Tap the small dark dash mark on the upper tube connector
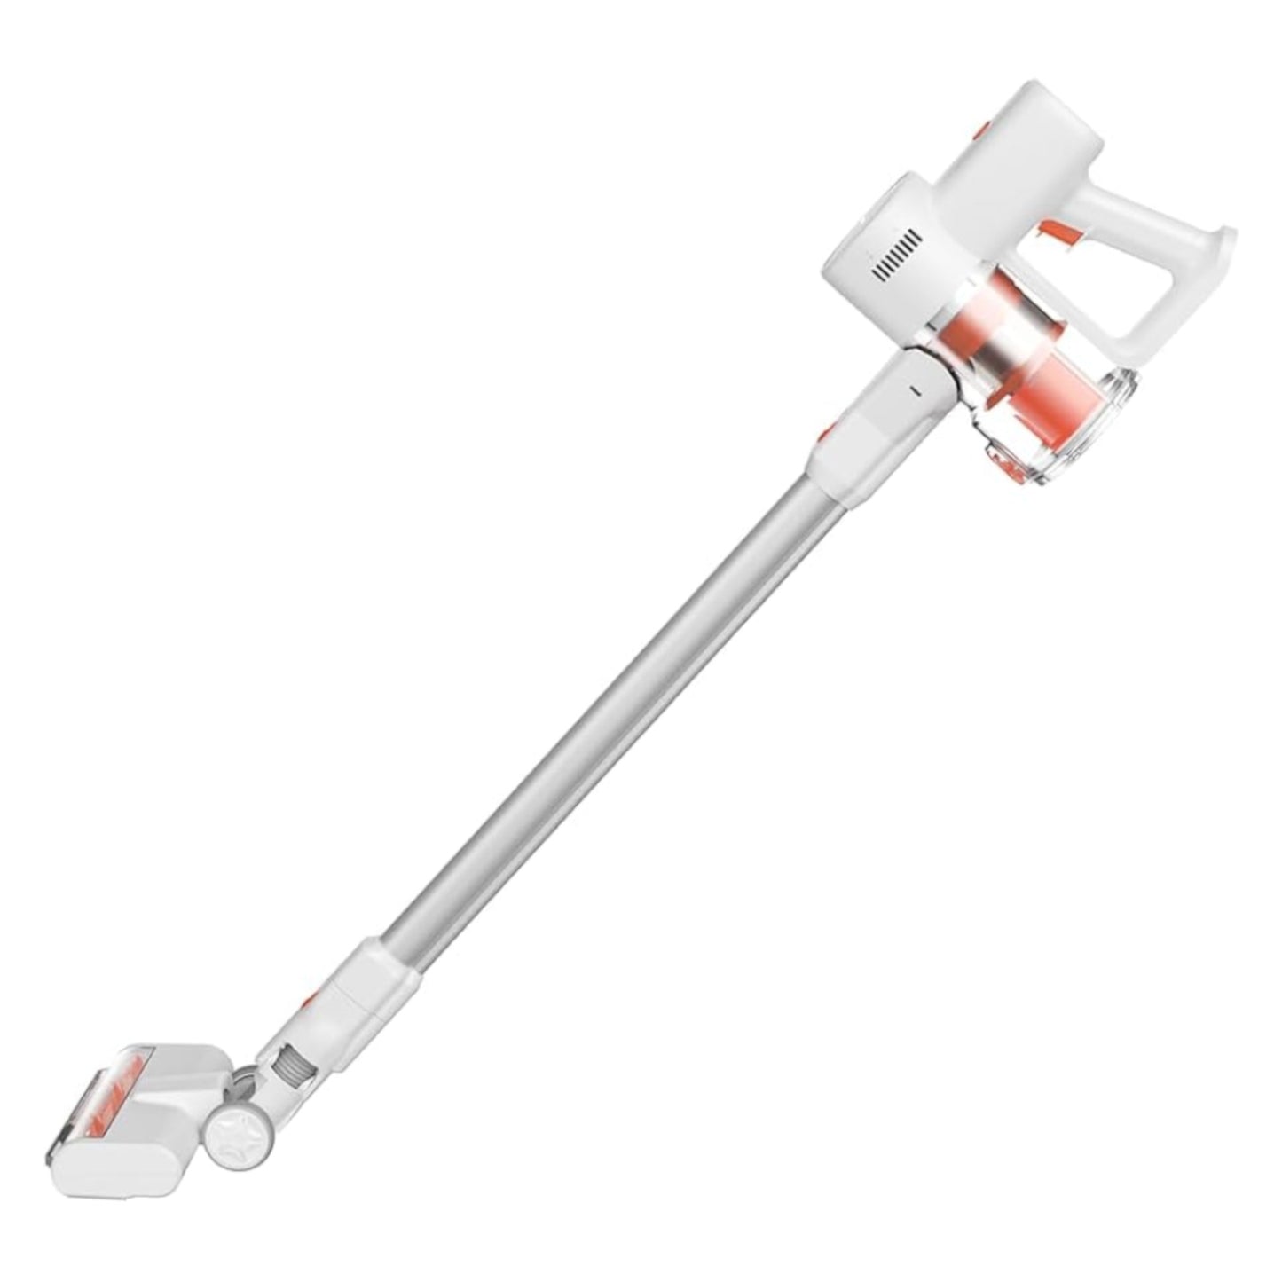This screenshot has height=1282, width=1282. (915, 388)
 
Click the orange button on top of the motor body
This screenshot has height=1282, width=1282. (980, 131)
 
